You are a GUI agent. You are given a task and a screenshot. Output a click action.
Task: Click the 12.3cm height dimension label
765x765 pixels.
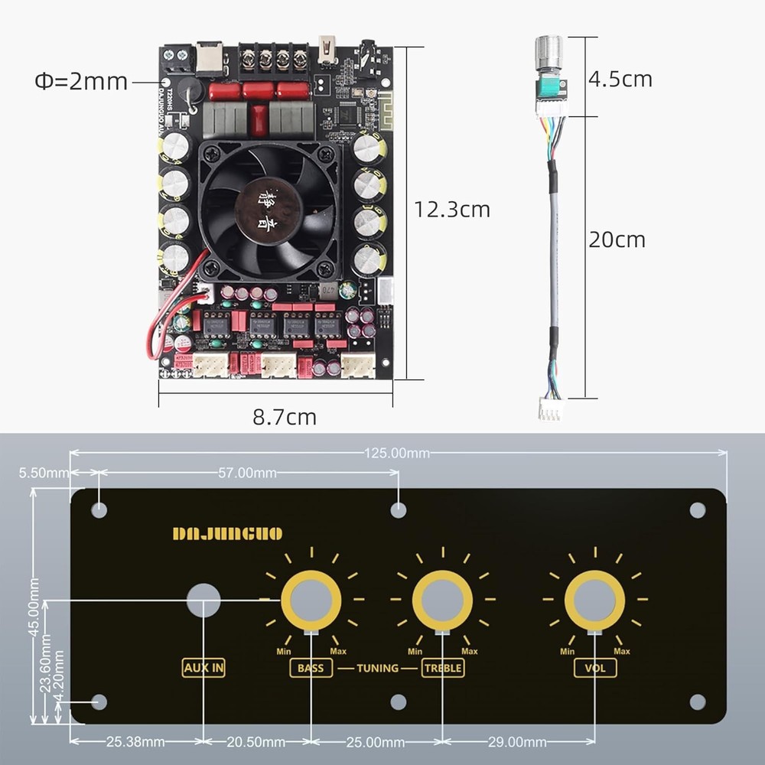tap(451, 209)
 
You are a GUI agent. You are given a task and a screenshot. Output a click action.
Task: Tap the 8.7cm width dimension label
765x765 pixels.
tap(285, 417)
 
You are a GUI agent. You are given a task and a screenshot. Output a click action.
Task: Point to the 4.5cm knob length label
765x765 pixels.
tap(620, 79)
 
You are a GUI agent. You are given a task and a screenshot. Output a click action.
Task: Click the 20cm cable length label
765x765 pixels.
tap(617, 239)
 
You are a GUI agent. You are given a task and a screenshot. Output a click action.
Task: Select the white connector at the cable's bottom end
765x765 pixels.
tap(549, 410)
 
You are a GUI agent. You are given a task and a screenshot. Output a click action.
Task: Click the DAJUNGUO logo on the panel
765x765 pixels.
tap(227, 533)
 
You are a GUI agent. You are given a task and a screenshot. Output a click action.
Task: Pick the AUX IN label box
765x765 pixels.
tap(203, 668)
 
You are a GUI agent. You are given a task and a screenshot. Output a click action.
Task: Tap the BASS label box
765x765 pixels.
tap(311, 668)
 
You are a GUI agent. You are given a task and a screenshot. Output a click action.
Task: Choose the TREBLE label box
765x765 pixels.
tap(443, 668)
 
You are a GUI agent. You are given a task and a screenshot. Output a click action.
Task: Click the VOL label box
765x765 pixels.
tap(595, 668)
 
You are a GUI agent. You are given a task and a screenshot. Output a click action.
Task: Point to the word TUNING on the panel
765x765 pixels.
tap(377, 668)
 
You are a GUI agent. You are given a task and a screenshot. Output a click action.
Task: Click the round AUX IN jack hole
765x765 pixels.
tap(203, 600)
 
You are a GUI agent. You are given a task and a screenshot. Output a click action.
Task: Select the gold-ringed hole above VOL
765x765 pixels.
tap(594, 600)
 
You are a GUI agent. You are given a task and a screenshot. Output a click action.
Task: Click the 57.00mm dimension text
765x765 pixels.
tap(247, 473)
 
